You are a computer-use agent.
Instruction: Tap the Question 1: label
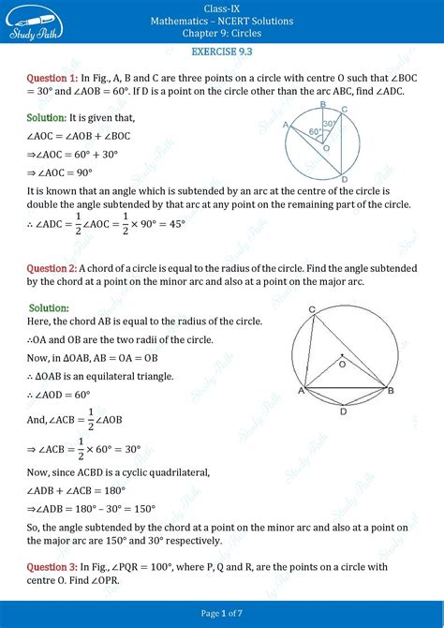coord(47,78)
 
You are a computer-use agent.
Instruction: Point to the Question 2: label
coord(47,268)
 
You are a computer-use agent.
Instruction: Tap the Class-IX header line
coord(222,7)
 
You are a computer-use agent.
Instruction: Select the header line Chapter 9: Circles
coord(222,34)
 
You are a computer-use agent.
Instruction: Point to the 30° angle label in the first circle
coord(329,124)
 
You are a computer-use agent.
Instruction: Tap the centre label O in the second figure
coord(342,364)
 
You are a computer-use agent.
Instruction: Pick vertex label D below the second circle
coord(344,411)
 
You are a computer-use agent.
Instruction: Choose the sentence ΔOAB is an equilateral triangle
coord(100,376)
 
